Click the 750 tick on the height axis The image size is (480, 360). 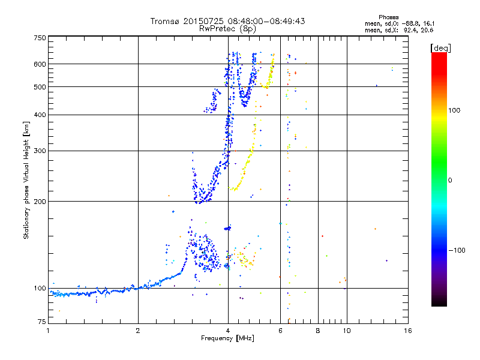pyautogui.click(x=40, y=38)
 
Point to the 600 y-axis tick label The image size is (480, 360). pyautogui.click(x=40, y=64)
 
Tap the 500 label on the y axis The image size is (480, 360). pyautogui.click(x=40, y=86)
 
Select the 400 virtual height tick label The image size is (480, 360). pyautogui.click(x=40, y=115)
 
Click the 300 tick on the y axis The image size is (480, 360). pyautogui.click(x=40, y=151)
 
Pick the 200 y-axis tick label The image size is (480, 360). pyautogui.click(x=40, y=201)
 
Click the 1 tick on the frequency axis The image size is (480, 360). pyautogui.click(x=49, y=331)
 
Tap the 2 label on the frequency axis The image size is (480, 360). pyautogui.click(x=138, y=331)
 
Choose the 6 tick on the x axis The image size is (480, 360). pyautogui.click(x=280, y=331)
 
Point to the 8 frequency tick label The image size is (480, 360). pyautogui.click(x=317, y=331)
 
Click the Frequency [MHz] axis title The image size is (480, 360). pyautogui.click(x=227, y=338)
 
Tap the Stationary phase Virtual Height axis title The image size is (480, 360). pyautogui.click(x=26, y=181)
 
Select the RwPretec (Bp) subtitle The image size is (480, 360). pyautogui.click(x=227, y=28)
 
